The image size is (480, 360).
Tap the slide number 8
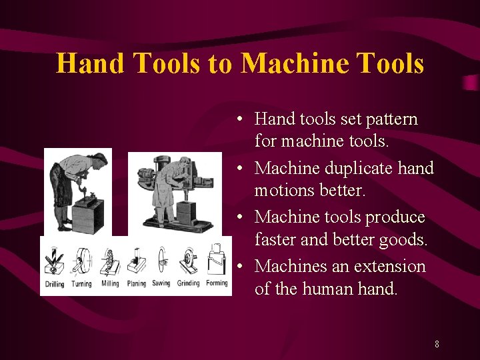(x=437, y=345)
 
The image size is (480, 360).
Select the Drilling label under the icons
(x=55, y=284)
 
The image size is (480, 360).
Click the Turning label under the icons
(x=81, y=284)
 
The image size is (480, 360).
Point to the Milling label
(x=110, y=284)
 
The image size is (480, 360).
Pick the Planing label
(x=136, y=284)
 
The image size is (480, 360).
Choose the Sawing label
(x=161, y=284)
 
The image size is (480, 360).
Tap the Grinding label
(x=189, y=284)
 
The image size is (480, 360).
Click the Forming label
(x=217, y=284)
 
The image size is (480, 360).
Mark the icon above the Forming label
(x=217, y=259)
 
